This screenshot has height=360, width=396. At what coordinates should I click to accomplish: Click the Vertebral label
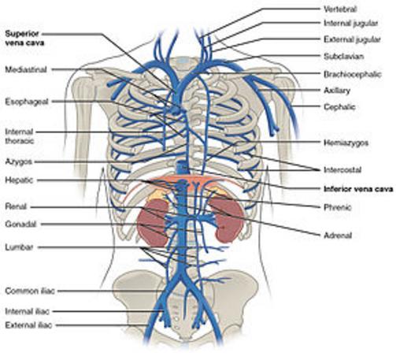coord(340,9)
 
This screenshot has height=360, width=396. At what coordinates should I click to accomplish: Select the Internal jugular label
coord(350,24)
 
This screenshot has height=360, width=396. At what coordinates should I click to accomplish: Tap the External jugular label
coord(352,39)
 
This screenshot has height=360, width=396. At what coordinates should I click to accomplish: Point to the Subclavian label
coord(343,57)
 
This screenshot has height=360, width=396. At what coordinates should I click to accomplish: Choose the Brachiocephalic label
coord(352,74)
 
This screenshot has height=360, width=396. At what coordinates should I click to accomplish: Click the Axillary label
coord(337,91)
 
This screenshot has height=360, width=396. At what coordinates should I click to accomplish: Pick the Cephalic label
coord(339,107)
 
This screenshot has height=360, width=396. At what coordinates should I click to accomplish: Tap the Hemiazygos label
coord(346,143)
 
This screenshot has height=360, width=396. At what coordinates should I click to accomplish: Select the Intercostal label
coord(342,170)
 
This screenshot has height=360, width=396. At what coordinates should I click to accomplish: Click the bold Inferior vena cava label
coord(358,189)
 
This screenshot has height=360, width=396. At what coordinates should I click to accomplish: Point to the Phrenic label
coord(337,207)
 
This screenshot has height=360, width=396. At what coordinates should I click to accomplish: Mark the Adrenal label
coord(338,236)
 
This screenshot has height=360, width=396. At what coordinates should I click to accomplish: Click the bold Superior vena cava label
coord(24,39)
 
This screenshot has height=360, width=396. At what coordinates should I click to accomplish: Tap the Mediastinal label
coord(26,70)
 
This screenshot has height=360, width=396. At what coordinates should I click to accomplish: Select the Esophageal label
coord(27,102)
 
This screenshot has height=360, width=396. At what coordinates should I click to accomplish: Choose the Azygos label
coord(19,161)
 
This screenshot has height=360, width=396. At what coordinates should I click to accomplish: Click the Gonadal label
coord(20,225)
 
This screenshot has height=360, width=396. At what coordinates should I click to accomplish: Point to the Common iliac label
coord(30,291)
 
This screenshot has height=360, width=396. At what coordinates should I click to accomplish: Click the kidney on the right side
coord(228,220)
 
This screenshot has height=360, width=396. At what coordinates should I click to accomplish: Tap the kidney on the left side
coord(152,223)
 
